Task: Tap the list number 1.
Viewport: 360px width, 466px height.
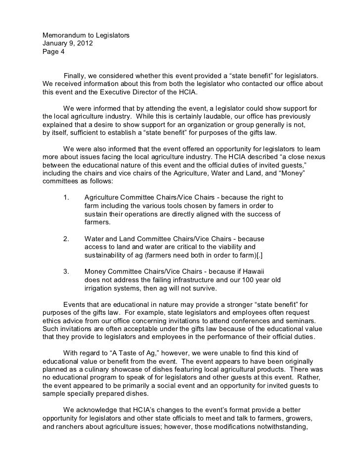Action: (x=66, y=197)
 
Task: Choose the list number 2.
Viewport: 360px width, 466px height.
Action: (x=66, y=238)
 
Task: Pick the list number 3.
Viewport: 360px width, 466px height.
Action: (x=66, y=271)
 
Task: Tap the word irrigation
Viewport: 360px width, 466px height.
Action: (x=100, y=288)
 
